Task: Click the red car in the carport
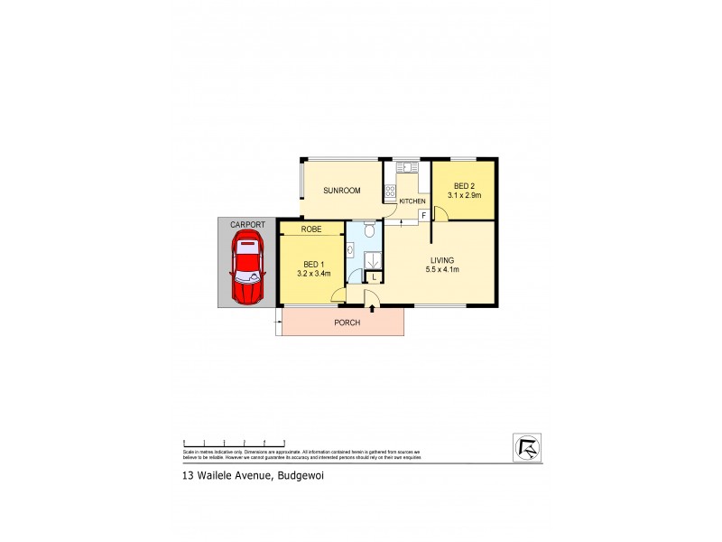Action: tap(246, 267)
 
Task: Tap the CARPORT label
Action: tap(246, 224)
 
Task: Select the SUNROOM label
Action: tap(342, 191)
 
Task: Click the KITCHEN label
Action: tap(412, 201)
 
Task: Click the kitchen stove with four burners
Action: tap(391, 191)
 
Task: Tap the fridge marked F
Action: tap(423, 215)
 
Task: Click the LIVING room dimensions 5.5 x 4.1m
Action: tap(444, 269)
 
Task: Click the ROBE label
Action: tap(311, 229)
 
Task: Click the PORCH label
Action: tap(347, 322)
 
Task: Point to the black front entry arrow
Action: tap(372, 309)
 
